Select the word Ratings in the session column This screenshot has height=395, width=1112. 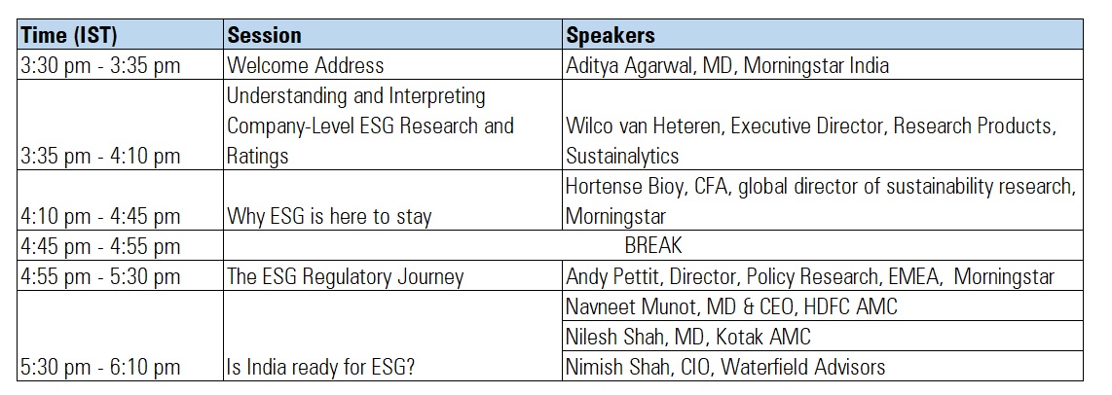coord(257,156)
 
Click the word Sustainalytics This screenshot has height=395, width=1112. coord(622,156)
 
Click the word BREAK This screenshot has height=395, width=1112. coord(653,245)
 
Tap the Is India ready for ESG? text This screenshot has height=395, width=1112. coord(320,368)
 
